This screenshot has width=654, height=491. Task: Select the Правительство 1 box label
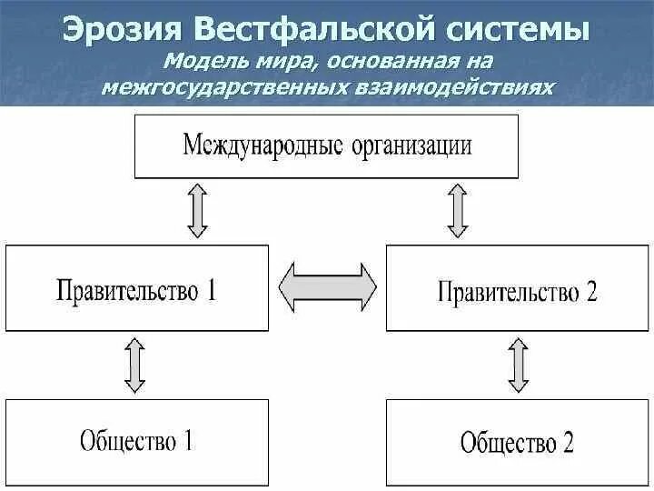pos(136,290)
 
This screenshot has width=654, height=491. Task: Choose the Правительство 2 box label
pos(518,292)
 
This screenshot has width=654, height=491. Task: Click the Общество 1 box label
pos(136,441)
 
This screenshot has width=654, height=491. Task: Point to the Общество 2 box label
pos(518,443)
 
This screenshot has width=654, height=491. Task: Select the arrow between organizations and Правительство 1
pos(198,211)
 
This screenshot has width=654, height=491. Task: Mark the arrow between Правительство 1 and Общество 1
pos(134,365)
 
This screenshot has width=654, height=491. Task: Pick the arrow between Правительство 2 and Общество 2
pos(519,365)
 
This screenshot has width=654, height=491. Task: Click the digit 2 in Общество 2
pos(568,443)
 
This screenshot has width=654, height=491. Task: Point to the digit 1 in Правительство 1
pos(211,290)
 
